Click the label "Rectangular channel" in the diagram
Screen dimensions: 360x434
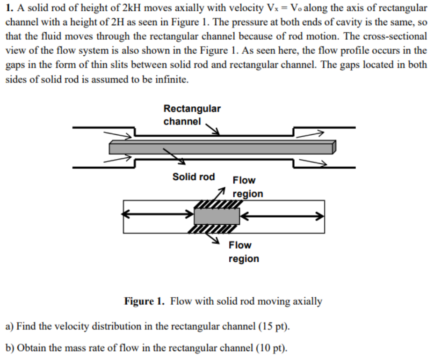tap(192, 115)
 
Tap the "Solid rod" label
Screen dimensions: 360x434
tap(193, 177)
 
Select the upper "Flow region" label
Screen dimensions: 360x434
tap(247, 187)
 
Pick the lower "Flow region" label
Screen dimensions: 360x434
tap(243, 252)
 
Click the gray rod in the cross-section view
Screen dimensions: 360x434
tap(217, 216)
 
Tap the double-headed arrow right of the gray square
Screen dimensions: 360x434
tap(282, 215)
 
